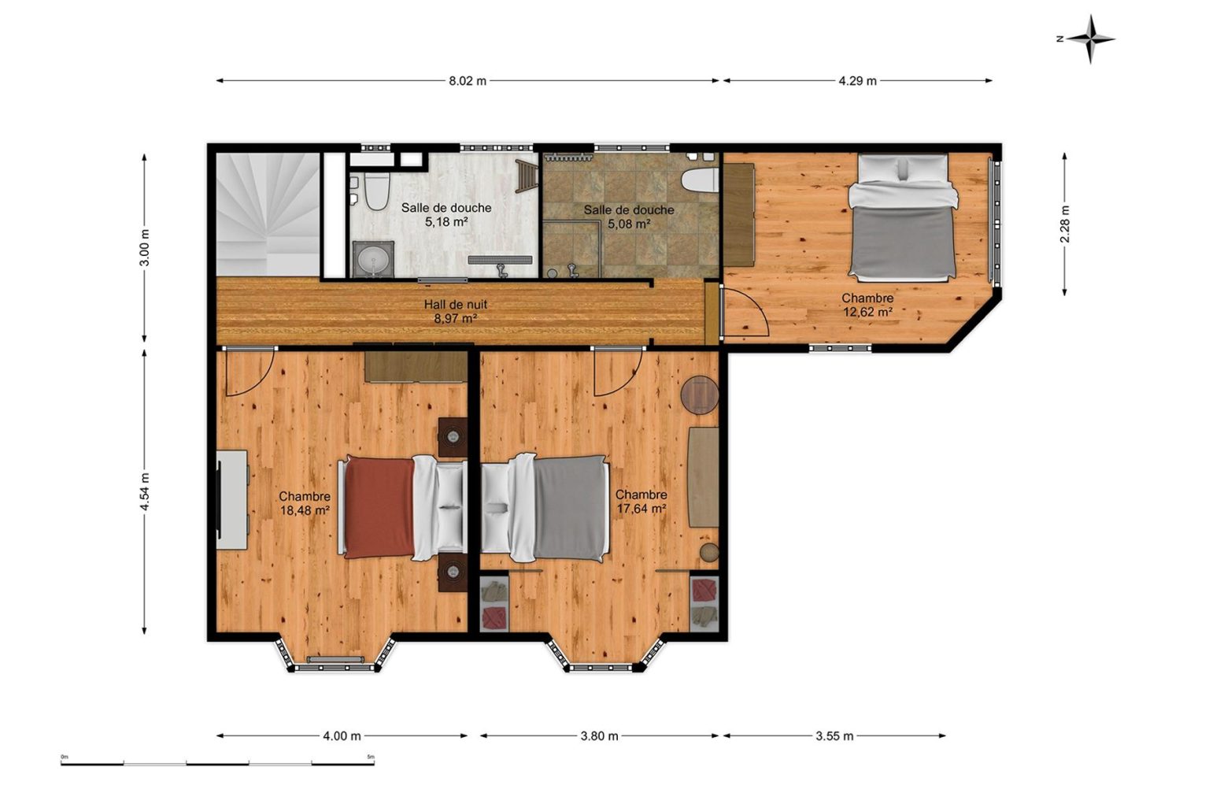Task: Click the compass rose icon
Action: click(1089, 39)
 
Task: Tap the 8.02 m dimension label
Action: click(468, 81)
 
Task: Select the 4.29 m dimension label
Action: click(858, 81)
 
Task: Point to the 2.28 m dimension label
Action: click(1065, 224)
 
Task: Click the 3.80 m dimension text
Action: click(599, 735)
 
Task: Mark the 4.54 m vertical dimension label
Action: click(144, 491)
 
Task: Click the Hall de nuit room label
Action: click(456, 305)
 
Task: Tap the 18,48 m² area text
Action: click(305, 510)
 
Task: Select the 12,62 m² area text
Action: click(867, 312)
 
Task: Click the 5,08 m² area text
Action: click(629, 224)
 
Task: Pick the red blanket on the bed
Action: click(379, 508)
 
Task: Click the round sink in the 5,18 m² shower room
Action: click(373, 260)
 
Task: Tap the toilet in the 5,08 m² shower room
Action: click(700, 180)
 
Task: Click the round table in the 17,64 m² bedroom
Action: click(700, 395)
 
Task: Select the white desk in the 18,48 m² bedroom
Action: click(233, 500)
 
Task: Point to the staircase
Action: click(268, 215)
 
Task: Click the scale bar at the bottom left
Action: click(217, 764)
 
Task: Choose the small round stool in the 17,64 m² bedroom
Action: click(709, 553)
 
